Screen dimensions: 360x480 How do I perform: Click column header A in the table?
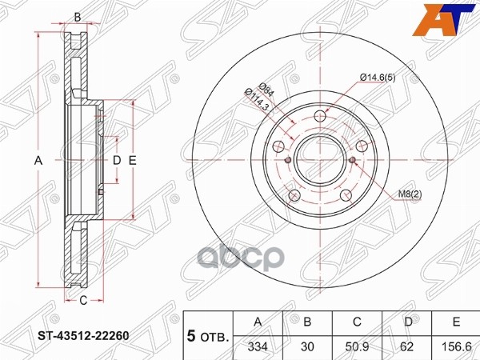point(258,322)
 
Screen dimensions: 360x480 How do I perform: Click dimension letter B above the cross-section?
point(77,17)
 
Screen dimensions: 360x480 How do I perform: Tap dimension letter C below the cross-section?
point(82,300)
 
